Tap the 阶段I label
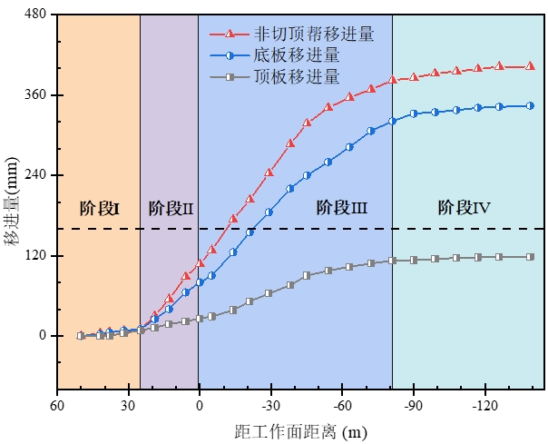tap(99, 208)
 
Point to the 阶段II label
tap(170, 208)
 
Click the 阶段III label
tap(341, 208)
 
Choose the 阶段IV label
tap(464, 208)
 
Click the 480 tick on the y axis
tap(36, 15)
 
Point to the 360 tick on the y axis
tap(36, 95)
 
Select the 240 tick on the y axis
tap(36, 175)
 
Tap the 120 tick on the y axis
tap(36, 256)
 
